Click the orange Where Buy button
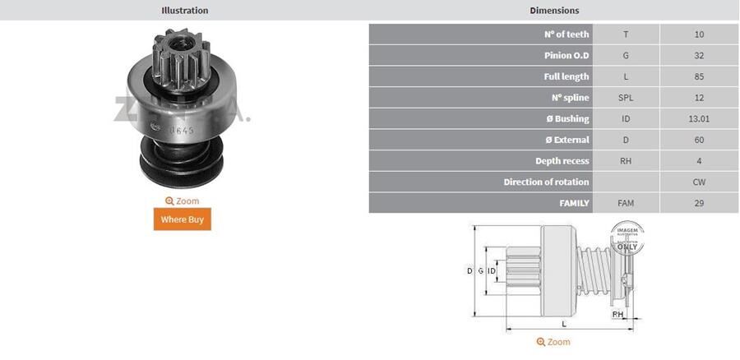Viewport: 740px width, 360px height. [182, 219]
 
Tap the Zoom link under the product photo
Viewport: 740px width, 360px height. [182, 201]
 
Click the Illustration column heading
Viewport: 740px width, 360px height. [184, 11]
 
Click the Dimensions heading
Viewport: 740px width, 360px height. [554, 11]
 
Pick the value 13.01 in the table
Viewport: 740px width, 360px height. [699, 118]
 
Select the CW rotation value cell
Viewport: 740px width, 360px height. [699, 182]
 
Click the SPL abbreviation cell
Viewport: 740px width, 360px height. [626, 98]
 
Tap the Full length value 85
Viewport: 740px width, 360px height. [699, 76]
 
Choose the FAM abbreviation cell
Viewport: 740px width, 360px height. [626, 202]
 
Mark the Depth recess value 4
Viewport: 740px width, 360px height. [699, 161]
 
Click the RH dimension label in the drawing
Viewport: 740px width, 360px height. [617, 314]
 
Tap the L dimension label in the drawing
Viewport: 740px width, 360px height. [563, 324]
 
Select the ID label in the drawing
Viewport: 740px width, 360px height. [492, 270]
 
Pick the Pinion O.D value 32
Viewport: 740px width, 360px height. [699, 56]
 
